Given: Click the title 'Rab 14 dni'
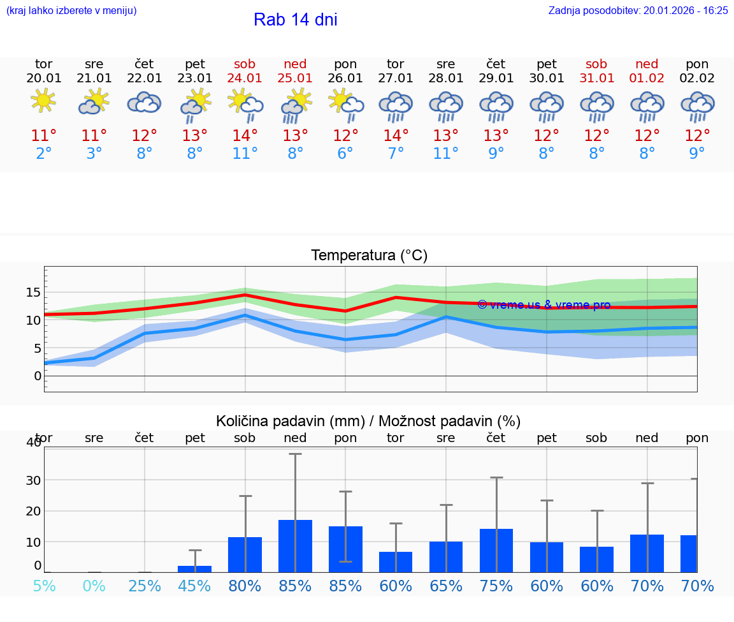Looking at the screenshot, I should (x=295, y=20).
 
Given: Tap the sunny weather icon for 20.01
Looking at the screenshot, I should (x=43, y=101).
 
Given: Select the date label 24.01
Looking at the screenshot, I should (x=245, y=78).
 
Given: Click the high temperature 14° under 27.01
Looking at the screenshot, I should (x=396, y=135).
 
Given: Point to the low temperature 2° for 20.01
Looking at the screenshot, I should (x=43, y=154).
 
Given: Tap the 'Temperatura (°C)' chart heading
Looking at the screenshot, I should (x=369, y=256).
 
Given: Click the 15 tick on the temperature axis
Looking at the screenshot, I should (x=33, y=292).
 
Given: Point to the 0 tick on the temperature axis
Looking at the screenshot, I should (x=38, y=376).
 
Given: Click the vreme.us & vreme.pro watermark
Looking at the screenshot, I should (x=543, y=305).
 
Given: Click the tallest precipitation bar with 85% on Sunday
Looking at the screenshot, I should (x=295, y=546).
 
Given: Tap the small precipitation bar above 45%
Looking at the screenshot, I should (x=195, y=568).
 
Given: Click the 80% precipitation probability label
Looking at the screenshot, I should (x=245, y=586).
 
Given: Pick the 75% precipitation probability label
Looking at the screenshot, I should (x=496, y=586).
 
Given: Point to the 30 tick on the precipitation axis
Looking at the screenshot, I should (x=33, y=480).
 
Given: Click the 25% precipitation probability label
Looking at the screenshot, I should (x=145, y=586).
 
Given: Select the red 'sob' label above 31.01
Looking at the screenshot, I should (x=596, y=64).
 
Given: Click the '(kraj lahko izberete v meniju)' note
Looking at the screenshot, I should (x=71, y=10).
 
